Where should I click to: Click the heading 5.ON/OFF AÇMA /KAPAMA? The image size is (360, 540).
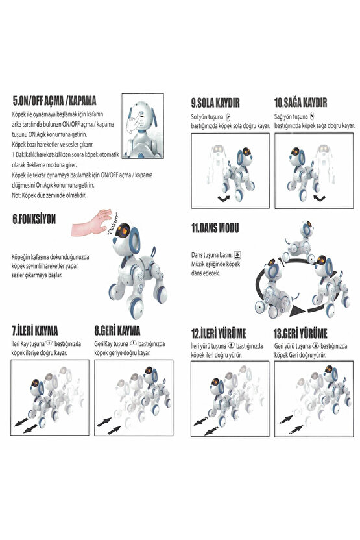[54, 101]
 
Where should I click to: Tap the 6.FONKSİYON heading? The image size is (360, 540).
[34, 219]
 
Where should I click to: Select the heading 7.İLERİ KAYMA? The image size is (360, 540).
[35, 330]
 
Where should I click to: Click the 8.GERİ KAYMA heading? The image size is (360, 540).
[117, 330]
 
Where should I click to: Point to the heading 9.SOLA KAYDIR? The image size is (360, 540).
[215, 103]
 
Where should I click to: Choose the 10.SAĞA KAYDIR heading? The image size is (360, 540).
[300, 103]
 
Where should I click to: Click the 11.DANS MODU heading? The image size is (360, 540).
[215, 228]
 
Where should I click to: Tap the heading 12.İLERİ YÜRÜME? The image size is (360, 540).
[219, 334]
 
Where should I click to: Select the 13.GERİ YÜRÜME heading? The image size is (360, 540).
[300, 334]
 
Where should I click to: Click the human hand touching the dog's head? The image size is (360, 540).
[91, 223]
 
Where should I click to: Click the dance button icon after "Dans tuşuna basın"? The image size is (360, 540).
[237, 255]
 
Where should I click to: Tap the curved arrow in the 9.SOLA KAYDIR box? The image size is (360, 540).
[223, 199]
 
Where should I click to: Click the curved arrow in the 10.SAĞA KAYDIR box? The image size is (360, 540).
[319, 199]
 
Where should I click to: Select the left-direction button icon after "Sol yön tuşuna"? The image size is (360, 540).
[228, 117]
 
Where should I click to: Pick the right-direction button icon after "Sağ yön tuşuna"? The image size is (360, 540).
[312, 116]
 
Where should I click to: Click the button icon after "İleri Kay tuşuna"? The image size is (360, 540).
[49, 343]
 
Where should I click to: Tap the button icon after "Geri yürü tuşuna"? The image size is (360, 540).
[315, 345]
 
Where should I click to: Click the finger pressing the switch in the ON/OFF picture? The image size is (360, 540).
[133, 121]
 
